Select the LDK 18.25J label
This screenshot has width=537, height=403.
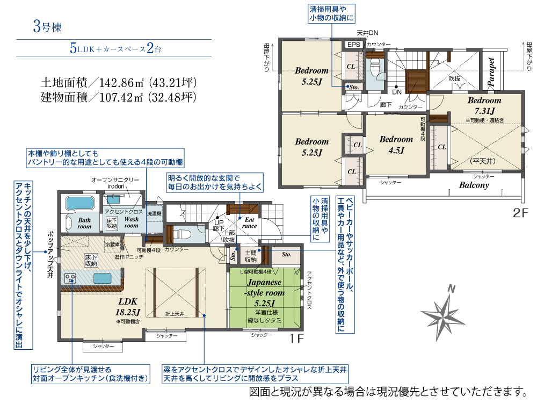tap(128, 306)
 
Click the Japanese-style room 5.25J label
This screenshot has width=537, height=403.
tap(265, 293)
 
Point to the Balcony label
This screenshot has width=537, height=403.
tap(474, 185)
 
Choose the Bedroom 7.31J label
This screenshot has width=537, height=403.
tap(484, 105)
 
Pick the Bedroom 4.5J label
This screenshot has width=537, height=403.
tap(396, 145)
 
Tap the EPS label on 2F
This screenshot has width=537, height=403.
tap(353, 45)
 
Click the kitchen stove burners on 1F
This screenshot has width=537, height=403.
tap(70, 278)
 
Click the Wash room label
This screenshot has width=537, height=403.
tap(132, 222)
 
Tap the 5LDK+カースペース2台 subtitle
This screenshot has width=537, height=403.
tap(115, 48)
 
